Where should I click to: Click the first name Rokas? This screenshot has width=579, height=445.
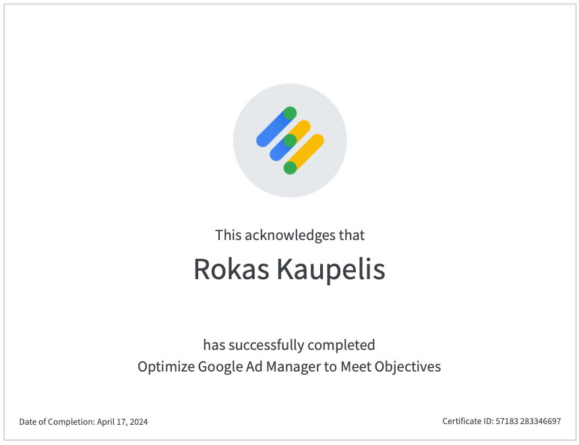point(231,269)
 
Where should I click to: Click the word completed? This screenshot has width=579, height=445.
point(341,346)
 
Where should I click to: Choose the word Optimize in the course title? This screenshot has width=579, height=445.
point(166,367)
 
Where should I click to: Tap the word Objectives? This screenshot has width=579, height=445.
point(408,367)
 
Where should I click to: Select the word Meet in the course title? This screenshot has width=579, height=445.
point(356,366)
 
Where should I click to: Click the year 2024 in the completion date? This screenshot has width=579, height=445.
point(139,421)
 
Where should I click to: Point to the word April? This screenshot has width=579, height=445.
point(106,422)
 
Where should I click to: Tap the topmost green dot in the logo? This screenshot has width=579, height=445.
point(291,113)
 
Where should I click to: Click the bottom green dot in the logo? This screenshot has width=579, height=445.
point(291,168)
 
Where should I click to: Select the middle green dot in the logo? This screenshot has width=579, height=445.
point(291,141)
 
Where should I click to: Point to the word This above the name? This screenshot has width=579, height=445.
point(228,235)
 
